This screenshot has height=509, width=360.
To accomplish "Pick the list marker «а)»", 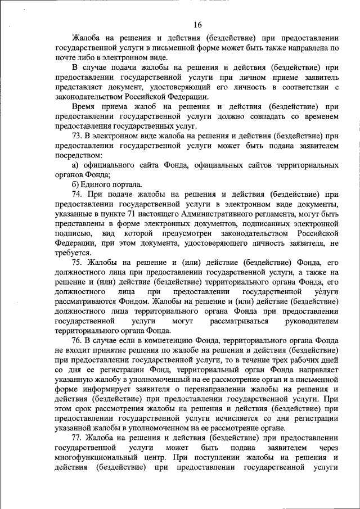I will (76, 165).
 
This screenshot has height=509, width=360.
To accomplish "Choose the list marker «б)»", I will (76, 184).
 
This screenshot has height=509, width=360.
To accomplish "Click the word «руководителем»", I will (313, 321).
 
